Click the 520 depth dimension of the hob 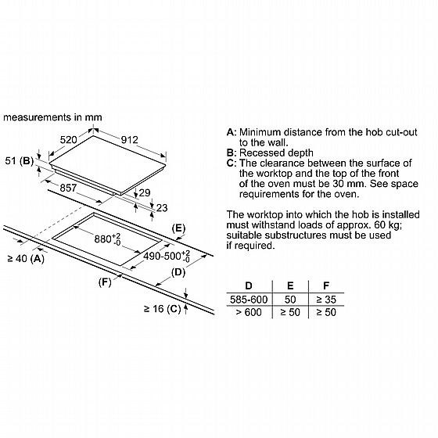coord(69,140)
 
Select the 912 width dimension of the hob coord(130,140)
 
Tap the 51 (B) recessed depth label coord(20,161)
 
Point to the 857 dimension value coord(68,188)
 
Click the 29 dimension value coord(145,192)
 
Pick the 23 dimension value coord(162,208)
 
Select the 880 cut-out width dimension coord(108,239)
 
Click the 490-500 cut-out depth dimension coord(167,256)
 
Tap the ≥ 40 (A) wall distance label coord(26,259)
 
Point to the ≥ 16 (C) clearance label coord(163,309)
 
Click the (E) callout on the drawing coord(178,228)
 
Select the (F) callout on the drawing coord(105,282)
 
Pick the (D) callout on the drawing coord(178,272)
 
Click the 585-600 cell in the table coord(249,300)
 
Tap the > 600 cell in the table coord(249,312)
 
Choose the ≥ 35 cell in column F coord(326,300)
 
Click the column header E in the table coord(290,285)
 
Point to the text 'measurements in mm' coord(52,117)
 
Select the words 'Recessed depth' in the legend coord(276,153)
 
